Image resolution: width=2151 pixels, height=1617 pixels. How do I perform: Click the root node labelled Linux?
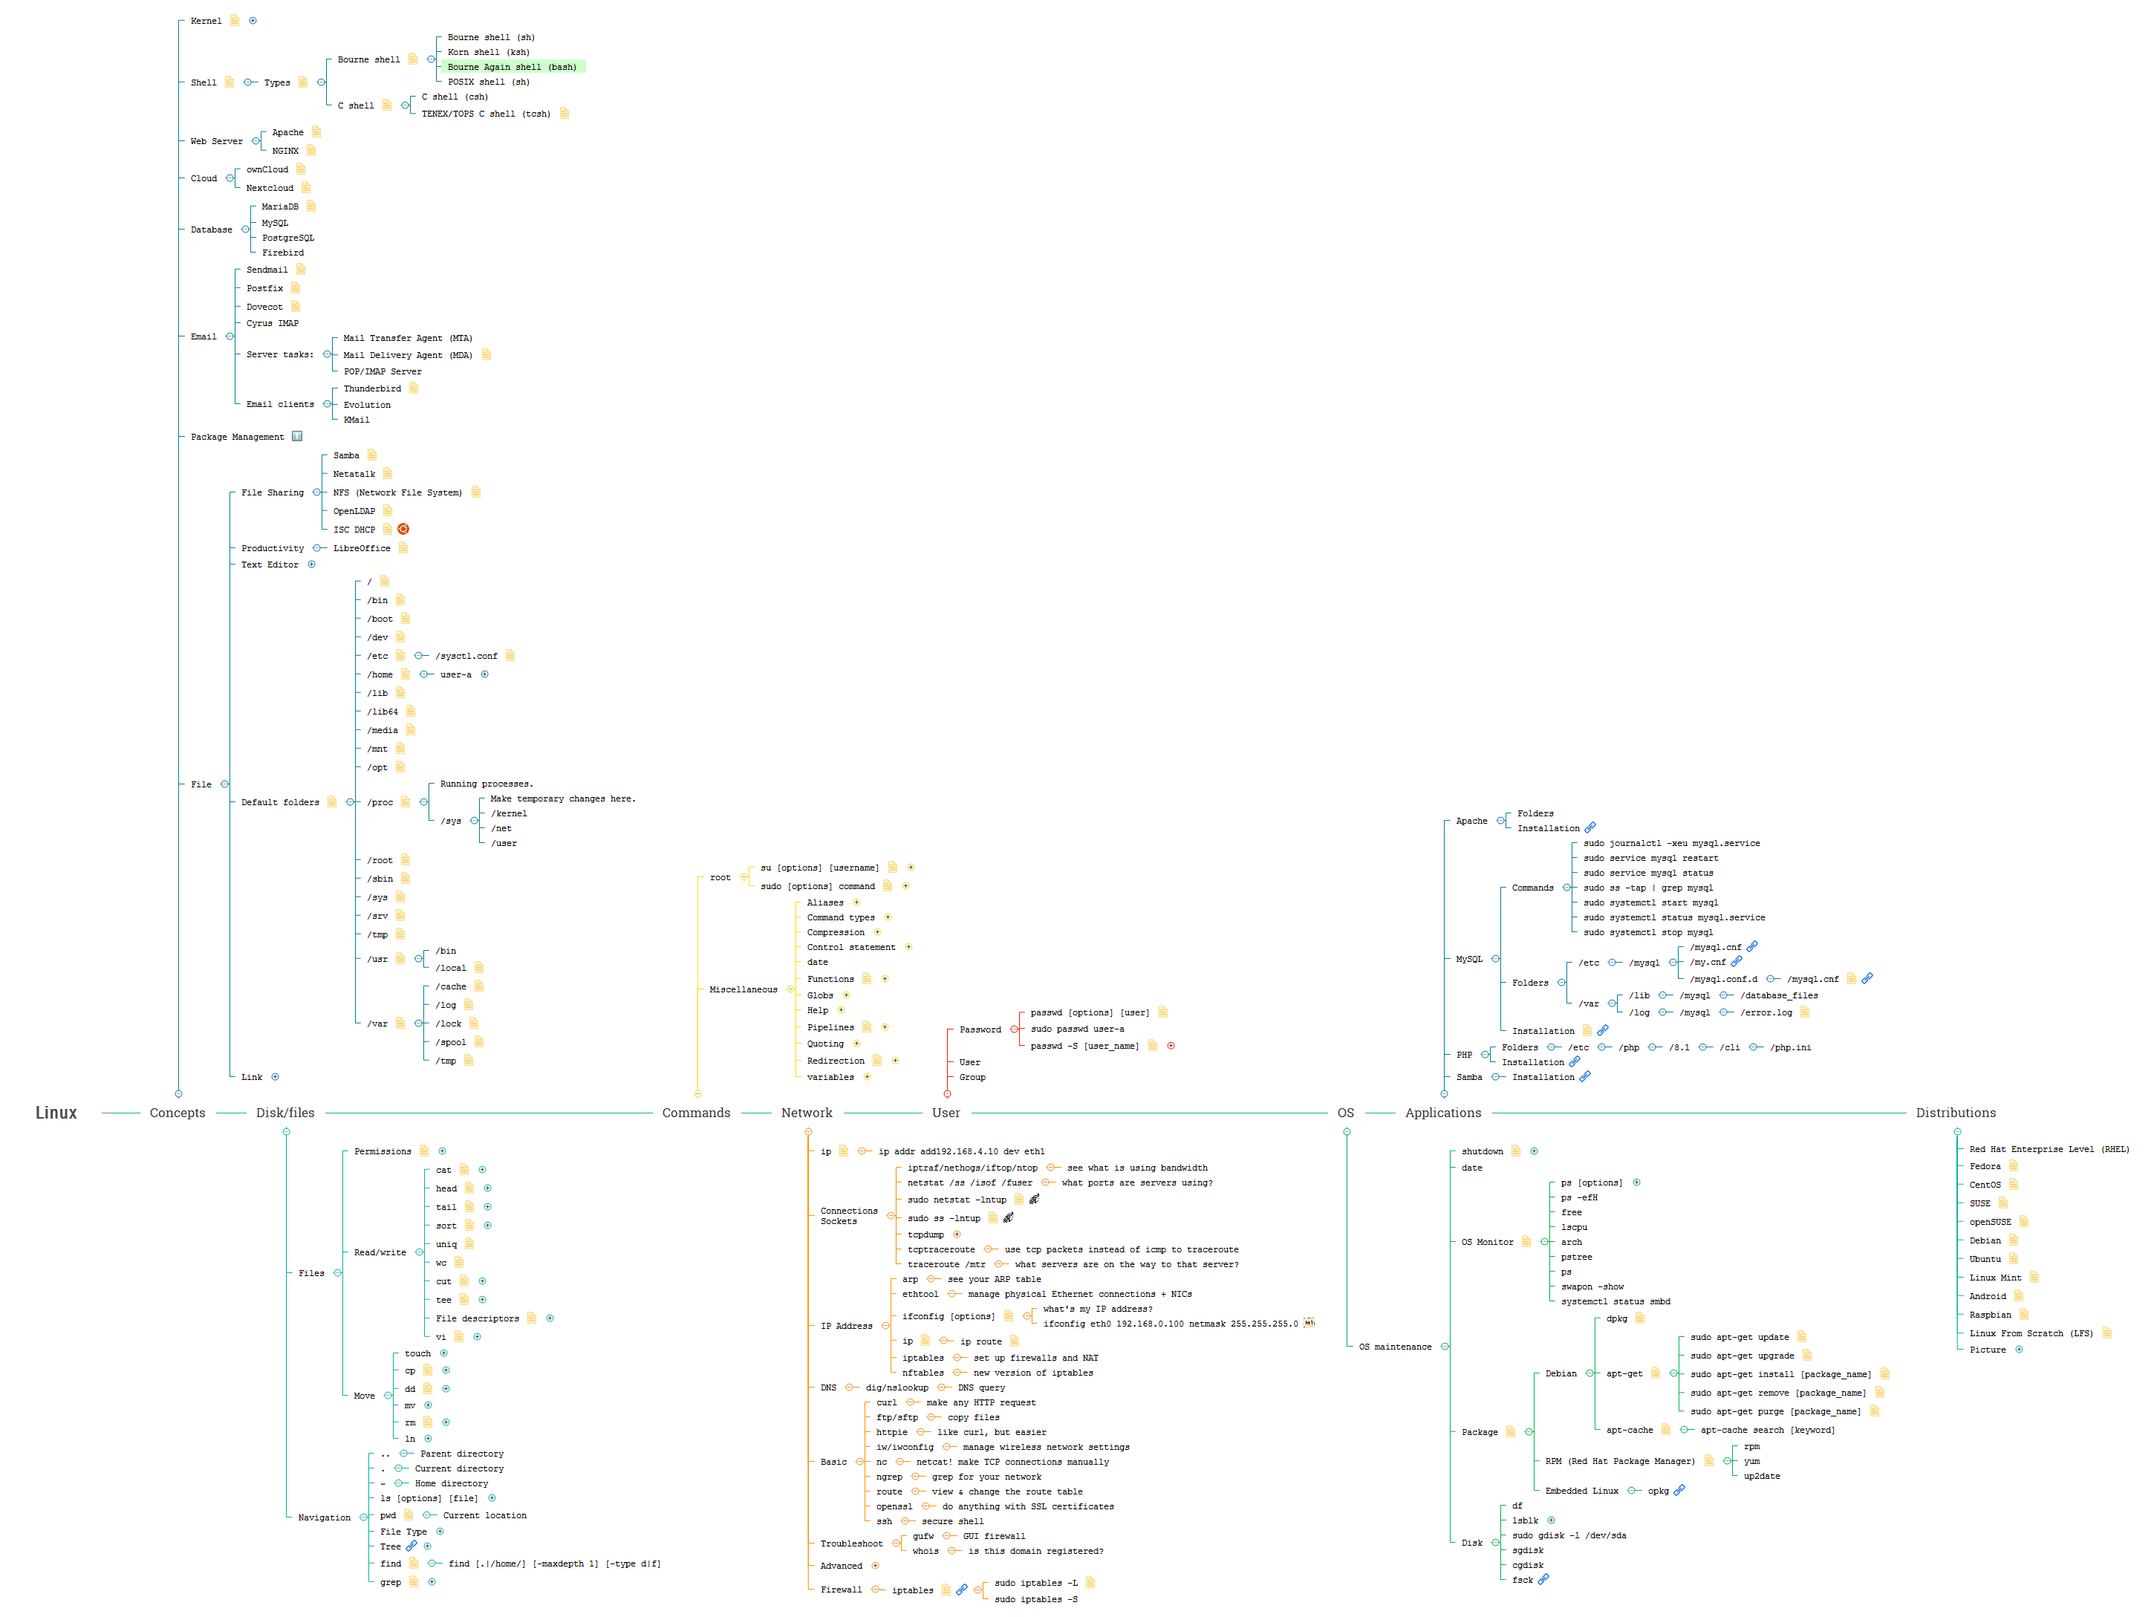pos(56,1113)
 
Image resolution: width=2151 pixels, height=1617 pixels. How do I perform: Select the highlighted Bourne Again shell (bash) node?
pos(512,67)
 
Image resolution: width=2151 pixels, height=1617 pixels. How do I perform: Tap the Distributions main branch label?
pos(1955,1113)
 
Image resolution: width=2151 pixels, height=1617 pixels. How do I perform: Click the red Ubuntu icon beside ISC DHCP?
pos(403,529)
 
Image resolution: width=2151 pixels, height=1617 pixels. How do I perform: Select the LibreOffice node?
pos(362,548)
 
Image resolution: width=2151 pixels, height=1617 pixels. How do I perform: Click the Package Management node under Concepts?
pos(237,437)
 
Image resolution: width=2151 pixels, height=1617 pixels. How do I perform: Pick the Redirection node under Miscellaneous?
pos(836,1061)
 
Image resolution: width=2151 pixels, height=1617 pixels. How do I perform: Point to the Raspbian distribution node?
pos(1990,1315)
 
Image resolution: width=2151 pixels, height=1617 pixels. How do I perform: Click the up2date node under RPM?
pos(1761,1476)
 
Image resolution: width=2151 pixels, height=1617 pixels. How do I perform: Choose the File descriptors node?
pos(477,1318)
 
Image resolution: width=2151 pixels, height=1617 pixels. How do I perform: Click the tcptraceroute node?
pos(940,1249)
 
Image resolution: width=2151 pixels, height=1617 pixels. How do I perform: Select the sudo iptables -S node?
pos(1035,1599)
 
